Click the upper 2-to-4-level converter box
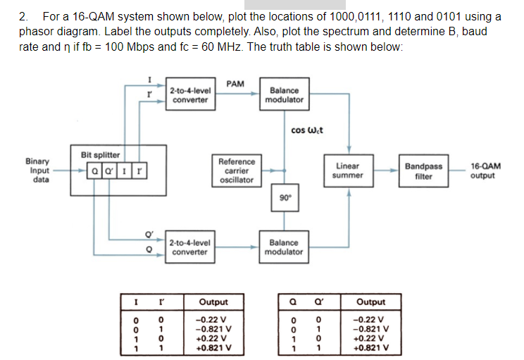(189, 95)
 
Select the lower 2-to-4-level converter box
(189, 247)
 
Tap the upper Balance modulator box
(284, 95)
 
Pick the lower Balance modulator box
(284, 247)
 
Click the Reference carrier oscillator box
(237, 170)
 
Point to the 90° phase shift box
(284, 199)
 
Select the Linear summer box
(349, 170)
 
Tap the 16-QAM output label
(486, 170)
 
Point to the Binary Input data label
(39, 170)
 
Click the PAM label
(235, 83)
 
